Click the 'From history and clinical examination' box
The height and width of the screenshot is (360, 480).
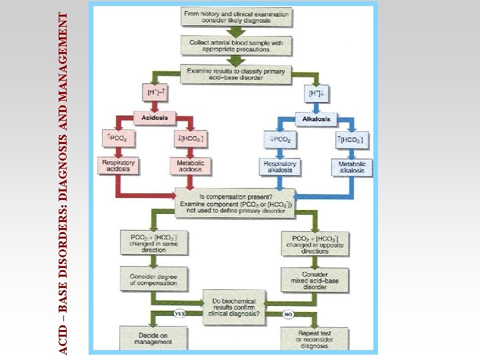pos(236,17)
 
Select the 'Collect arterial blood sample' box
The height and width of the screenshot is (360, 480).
pos(236,45)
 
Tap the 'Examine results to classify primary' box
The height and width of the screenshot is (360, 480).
pos(236,74)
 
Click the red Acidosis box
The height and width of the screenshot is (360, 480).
pos(154,118)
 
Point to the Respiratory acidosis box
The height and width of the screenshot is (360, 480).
pos(118,166)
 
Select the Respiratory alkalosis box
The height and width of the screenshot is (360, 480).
pos(279,167)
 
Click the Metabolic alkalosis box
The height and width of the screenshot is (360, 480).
pos(351,167)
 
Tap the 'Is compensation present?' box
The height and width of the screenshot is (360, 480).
pos(235,203)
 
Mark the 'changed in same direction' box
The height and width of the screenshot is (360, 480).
pos(148,243)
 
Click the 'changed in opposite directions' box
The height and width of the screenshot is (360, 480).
pos(315,244)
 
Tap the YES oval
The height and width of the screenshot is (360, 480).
pos(179,313)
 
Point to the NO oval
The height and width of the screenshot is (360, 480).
pos(289,313)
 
